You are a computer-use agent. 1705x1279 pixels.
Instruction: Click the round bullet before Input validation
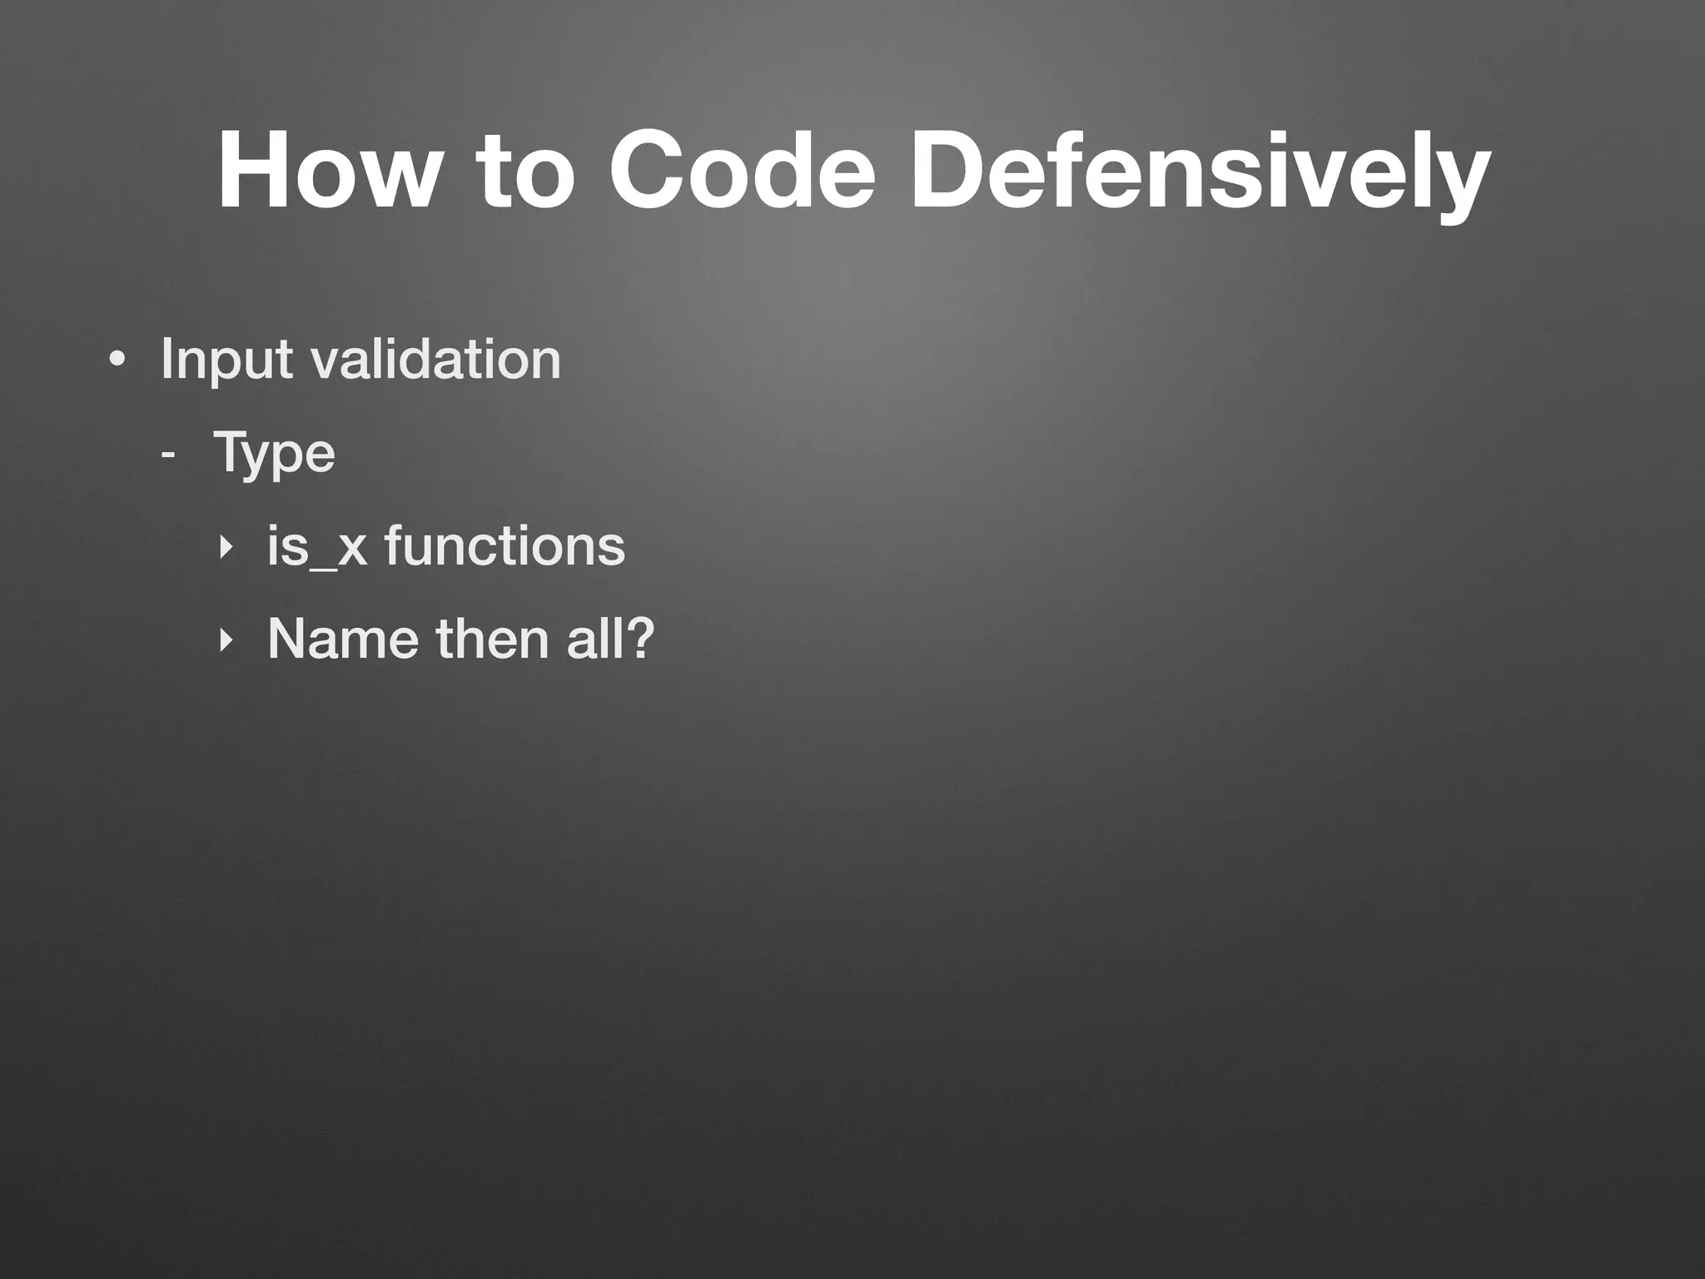tap(117, 361)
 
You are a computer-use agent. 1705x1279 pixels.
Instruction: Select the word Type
tap(274, 455)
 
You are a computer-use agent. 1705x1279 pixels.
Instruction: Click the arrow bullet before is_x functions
tap(222, 548)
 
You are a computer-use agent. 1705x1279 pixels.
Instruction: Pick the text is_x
tap(317, 547)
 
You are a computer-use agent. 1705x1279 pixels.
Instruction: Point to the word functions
tap(505, 546)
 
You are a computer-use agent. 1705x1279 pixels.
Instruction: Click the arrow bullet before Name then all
tap(222, 640)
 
